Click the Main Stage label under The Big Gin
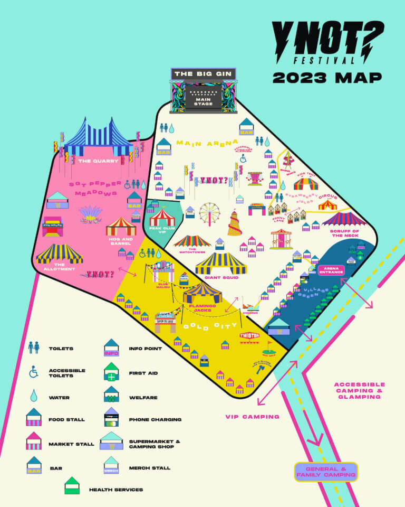tap(204, 100)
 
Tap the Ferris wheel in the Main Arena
tap(209, 213)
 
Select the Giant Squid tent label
tap(221, 277)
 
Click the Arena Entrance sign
tap(332, 270)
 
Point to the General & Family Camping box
tap(326, 472)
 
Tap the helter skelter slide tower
tap(235, 222)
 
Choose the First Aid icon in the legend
tap(112, 372)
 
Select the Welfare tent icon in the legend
tap(112, 396)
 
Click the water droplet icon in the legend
tap(34, 396)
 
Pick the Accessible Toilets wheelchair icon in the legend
tap(34, 372)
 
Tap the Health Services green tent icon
tap(72, 486)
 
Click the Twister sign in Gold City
tap(249, 335)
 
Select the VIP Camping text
tap(252, 417)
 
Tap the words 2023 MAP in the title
tap(327, 77)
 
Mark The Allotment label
tap(59, 266)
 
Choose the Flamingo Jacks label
tap(199, 308)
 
